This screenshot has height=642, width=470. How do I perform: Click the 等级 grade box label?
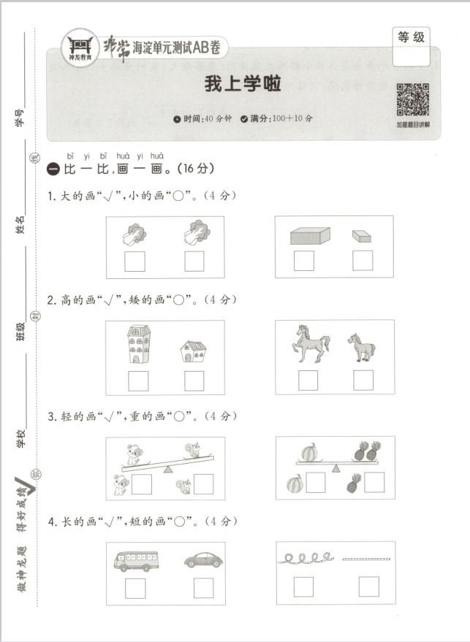411,37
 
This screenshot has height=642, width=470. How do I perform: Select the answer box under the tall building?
138,381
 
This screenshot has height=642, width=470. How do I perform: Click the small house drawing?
193,351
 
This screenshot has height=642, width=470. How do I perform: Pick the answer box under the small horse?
363,380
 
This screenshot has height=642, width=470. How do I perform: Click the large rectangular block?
310,235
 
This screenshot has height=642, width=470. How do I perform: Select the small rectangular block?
361,236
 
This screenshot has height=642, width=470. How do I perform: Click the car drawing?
202,559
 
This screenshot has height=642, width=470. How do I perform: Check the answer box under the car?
203,588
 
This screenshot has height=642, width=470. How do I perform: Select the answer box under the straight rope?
368,586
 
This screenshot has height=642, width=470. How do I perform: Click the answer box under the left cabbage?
134,261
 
